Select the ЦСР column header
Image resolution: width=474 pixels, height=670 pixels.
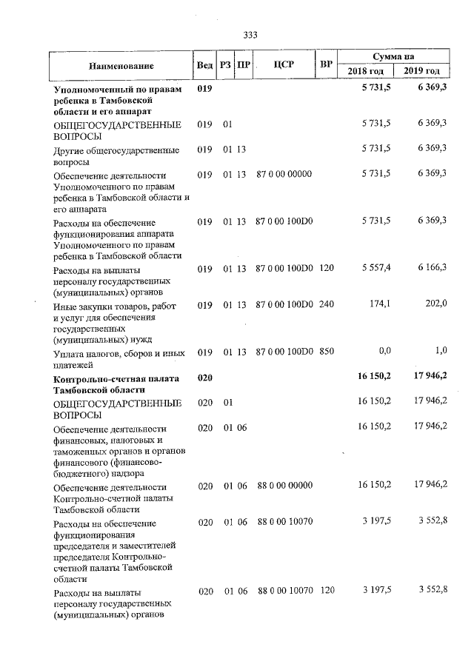pyautogui.click(x=284, y=64)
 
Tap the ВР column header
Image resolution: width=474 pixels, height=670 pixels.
pyautogui.click(x=325, y=64)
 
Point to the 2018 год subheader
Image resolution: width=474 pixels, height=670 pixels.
pyautogui.click(x=366, y=71)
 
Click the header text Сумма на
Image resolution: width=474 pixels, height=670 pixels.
pyautogui.click(x=393, y=56)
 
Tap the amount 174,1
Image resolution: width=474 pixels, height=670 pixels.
pyautogui.click(x=381, y=304)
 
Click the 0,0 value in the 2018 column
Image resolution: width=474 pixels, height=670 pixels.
pyautogui.click(x=384, y=352)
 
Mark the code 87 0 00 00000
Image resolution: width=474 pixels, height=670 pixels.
pyautogui.click(x=284, y=174)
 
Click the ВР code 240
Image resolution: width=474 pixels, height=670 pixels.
pyautogui.click(x=327, y=304)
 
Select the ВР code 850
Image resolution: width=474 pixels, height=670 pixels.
pyautogui.click(x=327, y=352)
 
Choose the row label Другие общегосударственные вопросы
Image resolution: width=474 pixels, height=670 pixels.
pyautogui.click(x=116, y=155)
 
